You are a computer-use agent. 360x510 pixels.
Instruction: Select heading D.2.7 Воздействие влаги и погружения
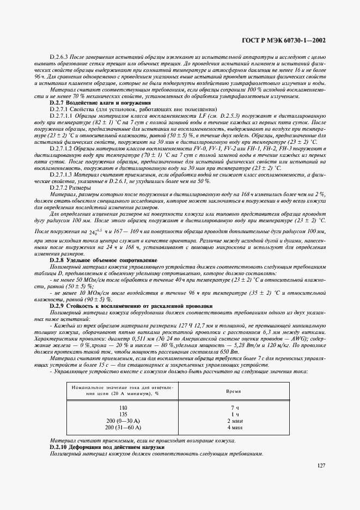click(93, 102)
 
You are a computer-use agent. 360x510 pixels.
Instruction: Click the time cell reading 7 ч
click(235, 408)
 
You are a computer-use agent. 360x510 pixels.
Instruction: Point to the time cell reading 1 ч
click(235, 414)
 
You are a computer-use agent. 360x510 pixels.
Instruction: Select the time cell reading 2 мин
click(235, 421)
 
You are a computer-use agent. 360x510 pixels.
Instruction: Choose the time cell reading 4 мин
click(235, 427)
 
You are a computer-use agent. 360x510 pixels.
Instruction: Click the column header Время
click(235, 391)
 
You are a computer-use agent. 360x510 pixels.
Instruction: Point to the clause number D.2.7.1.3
click(63, 175)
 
